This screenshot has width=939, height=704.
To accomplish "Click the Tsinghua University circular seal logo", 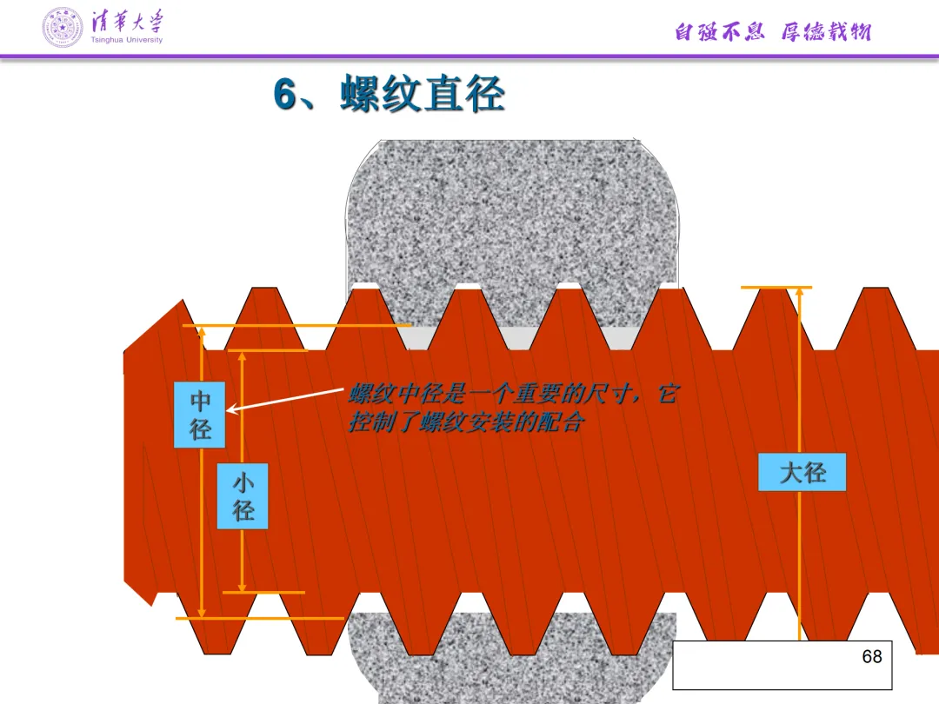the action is click(63, 28).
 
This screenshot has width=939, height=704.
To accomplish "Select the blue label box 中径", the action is click(200, 415).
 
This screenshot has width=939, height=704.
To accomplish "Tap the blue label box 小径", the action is click(243, 496).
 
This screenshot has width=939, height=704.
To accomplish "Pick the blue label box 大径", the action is click(802, 473).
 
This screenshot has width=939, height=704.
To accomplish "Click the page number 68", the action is click(871, 657).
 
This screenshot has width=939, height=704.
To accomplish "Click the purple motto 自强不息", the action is click(719, 33).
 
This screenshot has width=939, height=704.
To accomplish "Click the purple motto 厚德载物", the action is click(825, 33).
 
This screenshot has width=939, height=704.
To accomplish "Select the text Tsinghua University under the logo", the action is click(126, 40).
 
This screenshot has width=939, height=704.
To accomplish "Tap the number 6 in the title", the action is click(284, 95).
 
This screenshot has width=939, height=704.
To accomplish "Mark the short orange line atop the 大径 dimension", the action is click(776, 287).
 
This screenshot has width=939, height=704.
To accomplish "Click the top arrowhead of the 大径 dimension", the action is click(800, 294).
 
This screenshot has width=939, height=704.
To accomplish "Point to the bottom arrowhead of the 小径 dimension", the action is click(243, 586).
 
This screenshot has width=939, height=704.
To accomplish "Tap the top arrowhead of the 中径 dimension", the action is click(202, 332).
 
